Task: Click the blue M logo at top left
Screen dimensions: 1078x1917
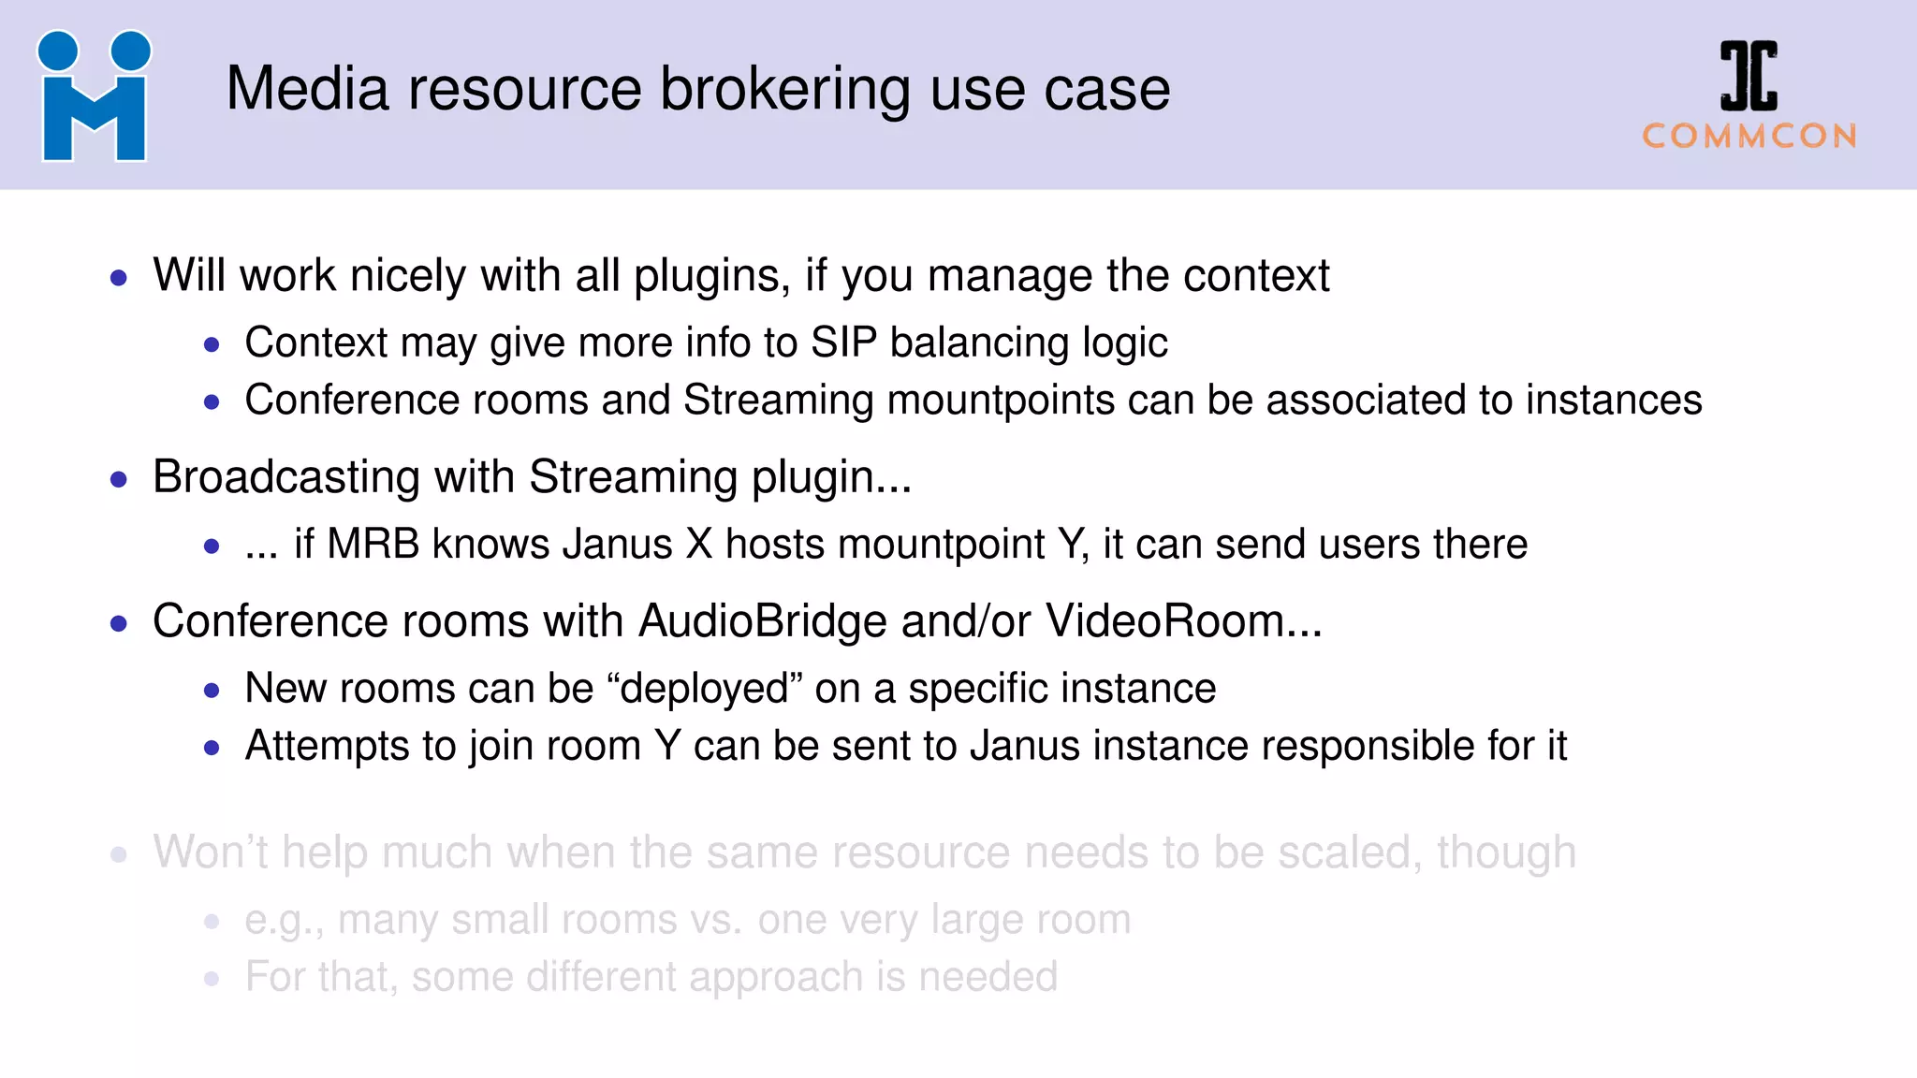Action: pos(94,97)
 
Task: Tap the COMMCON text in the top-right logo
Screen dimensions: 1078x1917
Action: pos(1749,137)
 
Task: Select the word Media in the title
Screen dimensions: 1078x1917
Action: pos(307,90)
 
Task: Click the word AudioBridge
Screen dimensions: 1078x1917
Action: pos(762,621)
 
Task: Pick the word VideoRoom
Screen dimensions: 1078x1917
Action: pos(1164,621)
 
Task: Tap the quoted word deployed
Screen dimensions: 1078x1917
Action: pos(705,689)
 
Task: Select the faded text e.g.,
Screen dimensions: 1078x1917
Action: pos(284,921)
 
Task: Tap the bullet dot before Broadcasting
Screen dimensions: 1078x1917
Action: pos(119,479)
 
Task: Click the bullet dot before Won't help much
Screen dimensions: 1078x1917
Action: pos(119,853)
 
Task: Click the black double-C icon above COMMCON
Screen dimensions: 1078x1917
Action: pos(1749,76)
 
